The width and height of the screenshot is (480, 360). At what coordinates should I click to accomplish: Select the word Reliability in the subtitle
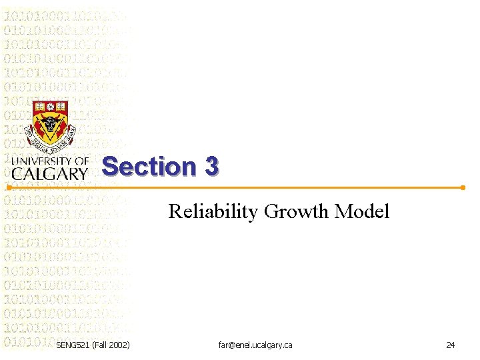(213, 212)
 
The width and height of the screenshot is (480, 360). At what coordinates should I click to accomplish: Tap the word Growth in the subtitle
(296, 212)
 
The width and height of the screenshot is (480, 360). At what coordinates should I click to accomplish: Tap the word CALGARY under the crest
(50, 173)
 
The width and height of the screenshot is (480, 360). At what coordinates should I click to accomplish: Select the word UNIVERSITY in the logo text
(41, 161)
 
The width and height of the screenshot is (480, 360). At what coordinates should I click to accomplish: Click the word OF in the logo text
(81, 161)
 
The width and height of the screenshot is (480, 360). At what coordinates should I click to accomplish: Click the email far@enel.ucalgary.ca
(255, 345)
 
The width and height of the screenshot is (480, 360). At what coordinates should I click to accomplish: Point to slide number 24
(450, 345)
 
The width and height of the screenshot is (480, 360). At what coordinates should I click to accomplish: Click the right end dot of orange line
(463, 187)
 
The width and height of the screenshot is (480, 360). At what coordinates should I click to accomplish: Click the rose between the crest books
(50, 106)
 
